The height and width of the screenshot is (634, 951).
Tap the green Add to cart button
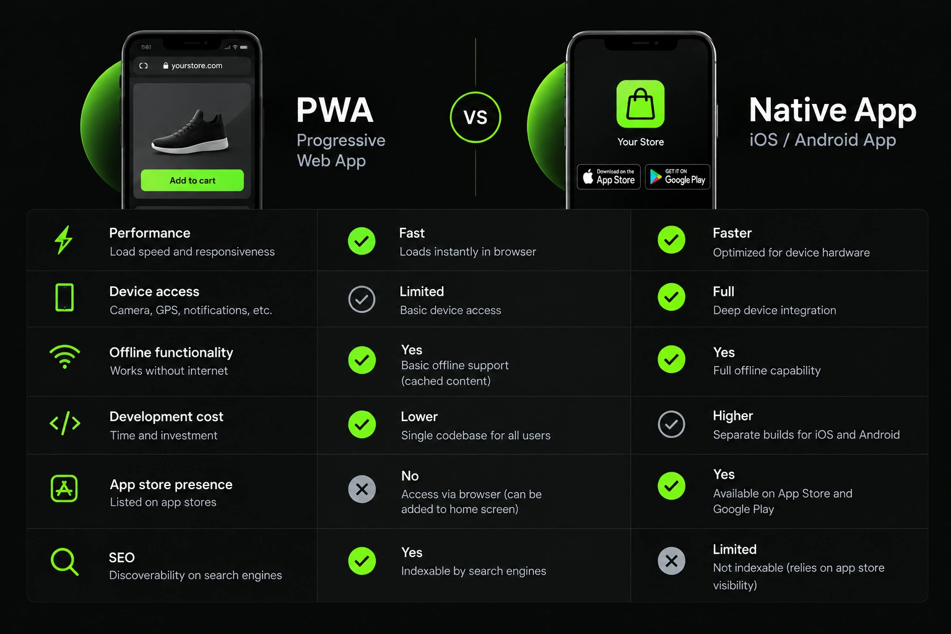click(x=193, y=180)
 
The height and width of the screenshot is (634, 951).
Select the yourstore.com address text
click(x=196, y=66)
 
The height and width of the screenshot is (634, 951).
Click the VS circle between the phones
click(x=475, y=117)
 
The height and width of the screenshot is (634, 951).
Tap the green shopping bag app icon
click(x=640, y=104)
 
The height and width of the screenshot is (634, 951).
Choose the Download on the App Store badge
click(x=609, y=176)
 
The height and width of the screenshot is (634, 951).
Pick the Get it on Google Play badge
click(x=677, y=176)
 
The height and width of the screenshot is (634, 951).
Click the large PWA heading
click(x=334, y=110)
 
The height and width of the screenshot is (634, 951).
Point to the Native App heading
click(x=833, y=110)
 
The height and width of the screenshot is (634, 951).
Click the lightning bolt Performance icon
click(x=64, y=240)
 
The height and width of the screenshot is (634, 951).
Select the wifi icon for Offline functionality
click(x=64, y=357)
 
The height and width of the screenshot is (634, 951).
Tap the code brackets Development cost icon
click(x=65, y=423)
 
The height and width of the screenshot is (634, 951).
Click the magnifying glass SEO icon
click(x=64, y=562)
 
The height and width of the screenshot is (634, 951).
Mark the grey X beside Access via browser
click(x=362, y=489)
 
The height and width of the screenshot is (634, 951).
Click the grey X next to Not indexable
click(x=671, y=561)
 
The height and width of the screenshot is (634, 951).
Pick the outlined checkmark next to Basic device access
click(x=362, y=300)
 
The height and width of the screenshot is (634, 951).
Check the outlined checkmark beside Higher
click(x=671, y=423)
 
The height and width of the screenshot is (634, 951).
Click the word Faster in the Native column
click(x=732, y=233)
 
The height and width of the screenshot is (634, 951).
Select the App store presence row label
click(x=171, y=485)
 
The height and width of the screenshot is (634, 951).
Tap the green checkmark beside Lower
click(x=362, y=423)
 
